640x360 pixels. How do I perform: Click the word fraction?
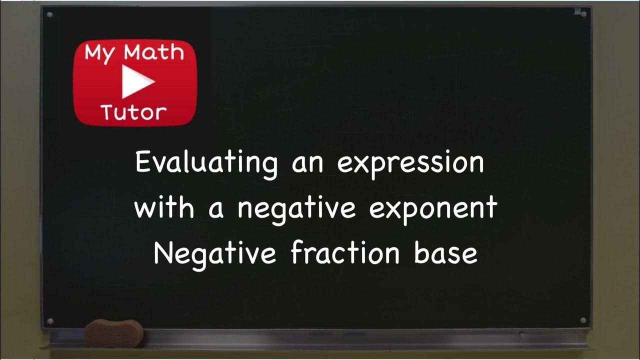click(x=345, y=253)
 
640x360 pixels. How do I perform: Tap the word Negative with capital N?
click(x=214, y=253)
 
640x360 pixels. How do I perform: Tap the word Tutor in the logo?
click(x=133, y=112)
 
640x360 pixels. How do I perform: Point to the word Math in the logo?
click(x=153, y=53)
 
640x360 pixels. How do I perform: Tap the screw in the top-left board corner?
click(x=49, y=14)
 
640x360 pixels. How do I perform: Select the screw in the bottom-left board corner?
click(x=49, y=320)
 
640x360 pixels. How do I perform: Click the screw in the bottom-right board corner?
click(x=582, y=320)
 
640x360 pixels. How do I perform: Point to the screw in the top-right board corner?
click(x=583, y=14)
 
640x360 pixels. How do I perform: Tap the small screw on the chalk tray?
click(x=522, y=334)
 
